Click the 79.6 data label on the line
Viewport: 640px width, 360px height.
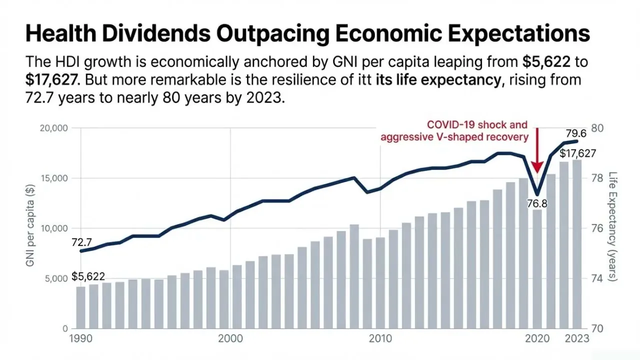click(x=575, y=133)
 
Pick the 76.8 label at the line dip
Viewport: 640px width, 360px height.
click(x=537, y=203)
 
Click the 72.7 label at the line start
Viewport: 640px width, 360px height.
click(x=82, y=242)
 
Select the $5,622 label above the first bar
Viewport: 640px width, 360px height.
click(x=88, y=276)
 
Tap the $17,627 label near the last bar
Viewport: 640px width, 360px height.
click(x=577, y=153)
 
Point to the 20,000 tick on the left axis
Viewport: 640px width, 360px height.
click(x=53, y=128)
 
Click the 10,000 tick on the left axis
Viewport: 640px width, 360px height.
click(x=53, y=228)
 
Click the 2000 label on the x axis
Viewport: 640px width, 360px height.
click(x=230, y=338)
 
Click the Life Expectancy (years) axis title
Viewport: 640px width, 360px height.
click(x=613, y=227)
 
